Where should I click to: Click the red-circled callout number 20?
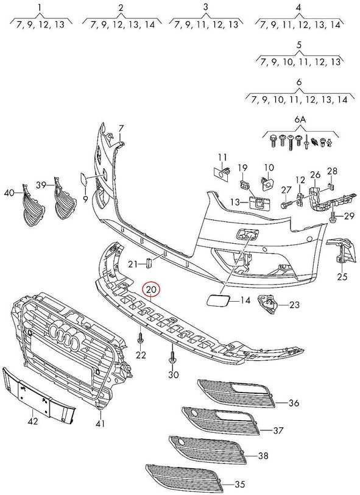(152, 289)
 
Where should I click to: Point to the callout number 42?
(33, 421)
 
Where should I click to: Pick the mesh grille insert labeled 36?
(236, 393)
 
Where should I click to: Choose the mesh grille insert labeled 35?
(184, 477)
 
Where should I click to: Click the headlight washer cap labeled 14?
(218, 299)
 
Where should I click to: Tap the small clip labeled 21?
(148, 263)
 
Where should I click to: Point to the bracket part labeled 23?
(267, 304)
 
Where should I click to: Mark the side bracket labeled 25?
(340, 252)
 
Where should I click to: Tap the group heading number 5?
(299, 44)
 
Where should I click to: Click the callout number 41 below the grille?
(101, 423)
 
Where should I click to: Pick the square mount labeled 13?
(259, 202)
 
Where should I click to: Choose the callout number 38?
(263, 455)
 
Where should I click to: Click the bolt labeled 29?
(333, 217)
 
